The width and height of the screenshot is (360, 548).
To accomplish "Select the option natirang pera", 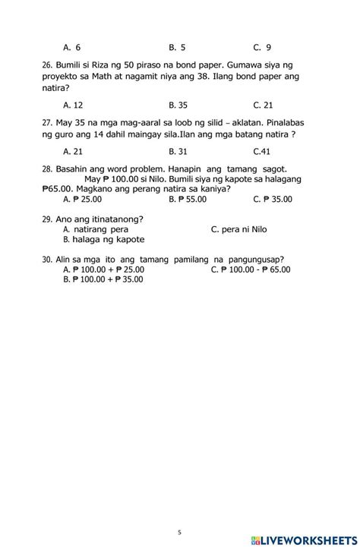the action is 96,228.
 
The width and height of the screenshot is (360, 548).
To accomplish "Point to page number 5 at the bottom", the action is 179,532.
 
